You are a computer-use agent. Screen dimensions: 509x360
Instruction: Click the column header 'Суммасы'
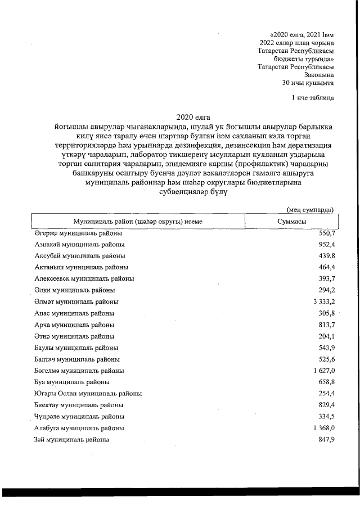[x=291, y=222]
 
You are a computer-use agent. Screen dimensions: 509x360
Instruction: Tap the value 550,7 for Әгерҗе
[x=326, y=233]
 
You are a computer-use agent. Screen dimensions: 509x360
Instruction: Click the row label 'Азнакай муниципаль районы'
[x=79, y=245]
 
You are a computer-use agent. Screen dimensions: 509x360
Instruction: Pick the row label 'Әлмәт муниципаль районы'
[x=76, y=302]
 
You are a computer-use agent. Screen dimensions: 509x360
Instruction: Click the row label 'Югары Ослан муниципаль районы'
[x=87, y=394]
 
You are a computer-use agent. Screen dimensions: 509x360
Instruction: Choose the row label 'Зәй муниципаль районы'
[x=71, y=439]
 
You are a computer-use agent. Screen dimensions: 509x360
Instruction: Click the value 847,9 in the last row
[x=326, y=439]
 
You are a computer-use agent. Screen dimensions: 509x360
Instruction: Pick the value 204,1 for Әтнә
[x=326, y=336]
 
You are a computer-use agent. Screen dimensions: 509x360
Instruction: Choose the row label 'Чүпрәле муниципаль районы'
[x=79, y=417]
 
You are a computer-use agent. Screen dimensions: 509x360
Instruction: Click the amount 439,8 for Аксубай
[x=326, y=256]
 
